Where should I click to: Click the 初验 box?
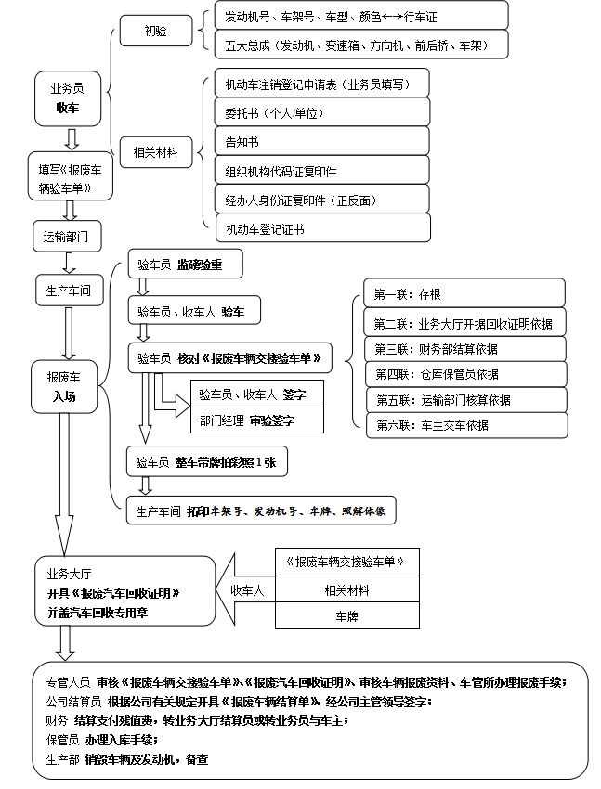pos(155,31)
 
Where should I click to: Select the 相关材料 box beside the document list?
pos(155,150)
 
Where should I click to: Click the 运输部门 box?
pos(66,236)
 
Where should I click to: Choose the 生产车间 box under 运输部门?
pos(69,290)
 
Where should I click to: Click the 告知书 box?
pos(321,141)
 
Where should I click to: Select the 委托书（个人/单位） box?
pos(321,112)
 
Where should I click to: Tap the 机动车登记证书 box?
pos(321,228)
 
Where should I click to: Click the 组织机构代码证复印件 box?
pos(321,171)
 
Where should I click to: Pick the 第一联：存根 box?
pos(464,293)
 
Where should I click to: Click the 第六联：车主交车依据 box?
pos(464,424)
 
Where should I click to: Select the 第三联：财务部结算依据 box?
pos(464,349)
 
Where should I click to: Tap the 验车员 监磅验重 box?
pos(186,265)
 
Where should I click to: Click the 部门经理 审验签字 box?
pos(257,420)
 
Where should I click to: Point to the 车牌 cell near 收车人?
pos(346,616)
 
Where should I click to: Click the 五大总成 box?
pos(360,44)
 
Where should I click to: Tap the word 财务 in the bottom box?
pos(57,719)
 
